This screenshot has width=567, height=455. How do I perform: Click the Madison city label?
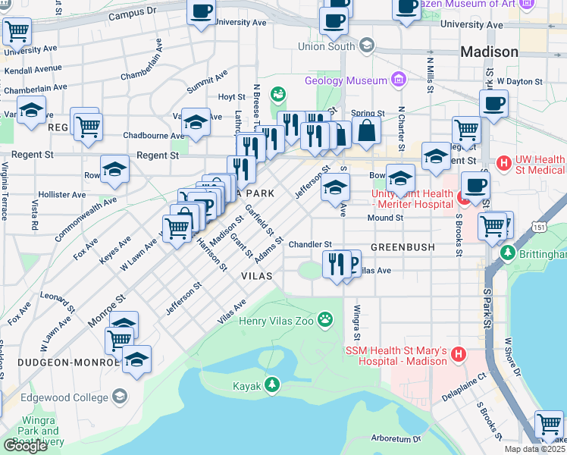(x=490, y=52)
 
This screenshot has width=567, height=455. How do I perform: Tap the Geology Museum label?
(x=346, y=80)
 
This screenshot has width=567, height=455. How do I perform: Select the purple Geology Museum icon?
(x=397, y=80)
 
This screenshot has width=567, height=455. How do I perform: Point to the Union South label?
(x=327, y=46)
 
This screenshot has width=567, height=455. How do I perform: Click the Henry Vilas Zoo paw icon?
(x=326, y=319)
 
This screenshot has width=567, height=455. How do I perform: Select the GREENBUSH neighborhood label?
(x=403, y=247)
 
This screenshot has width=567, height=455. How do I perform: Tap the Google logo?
(x=25, y=445)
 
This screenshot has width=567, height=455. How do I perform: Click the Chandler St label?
(x=310, y=244)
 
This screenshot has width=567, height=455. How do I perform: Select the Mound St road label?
(x=385, y=218)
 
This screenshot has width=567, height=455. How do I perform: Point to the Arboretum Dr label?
(x=396, y=438)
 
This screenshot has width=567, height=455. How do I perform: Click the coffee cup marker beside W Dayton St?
(x=493, y=102)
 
